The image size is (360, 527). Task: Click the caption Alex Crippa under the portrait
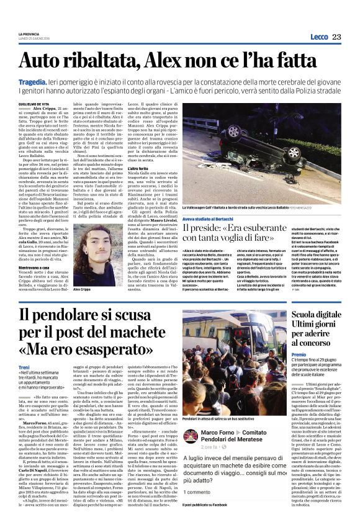click(x=82, y=289)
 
